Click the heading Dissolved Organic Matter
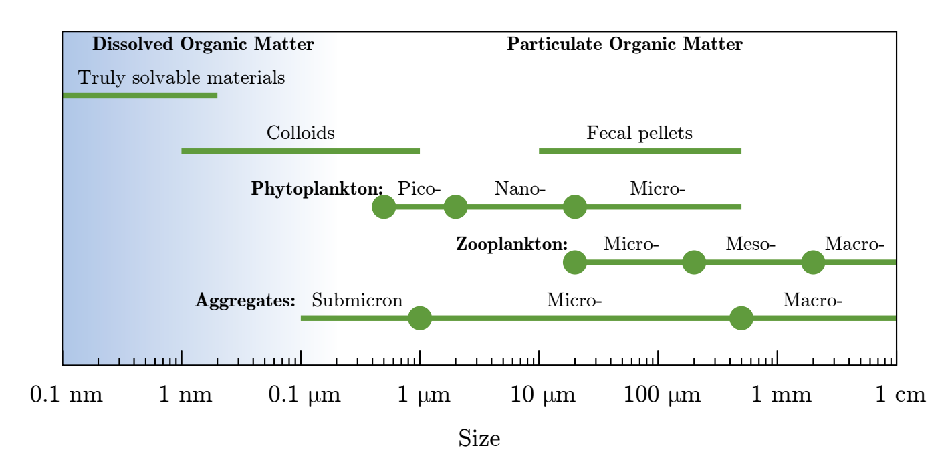[x=203, y=45]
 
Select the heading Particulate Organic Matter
[x=624, y=45]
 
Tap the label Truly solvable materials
[x=181, y=78]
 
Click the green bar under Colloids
[x=300, y=151]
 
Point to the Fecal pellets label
[x=639, y=133]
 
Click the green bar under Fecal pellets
[x=639, y=151]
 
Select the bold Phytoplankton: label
[x=317, y=189]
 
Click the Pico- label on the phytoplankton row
[x=419, y=189]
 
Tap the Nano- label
[x=520, y=189]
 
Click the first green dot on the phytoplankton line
[x=384, y=207]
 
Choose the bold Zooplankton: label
[x=511, y=245]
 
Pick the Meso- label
[x=750, y=244]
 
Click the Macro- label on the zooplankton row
[x=854, y=244]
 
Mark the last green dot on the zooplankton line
[x=812, y=262]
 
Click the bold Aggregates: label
[x=245, y=301]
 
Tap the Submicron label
[x=357, y=300]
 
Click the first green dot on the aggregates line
[x=419, y=318]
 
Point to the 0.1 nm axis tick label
[x=66, y=396]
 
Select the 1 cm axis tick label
[x=901, y=396]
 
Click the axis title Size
[x=479, y=439]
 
